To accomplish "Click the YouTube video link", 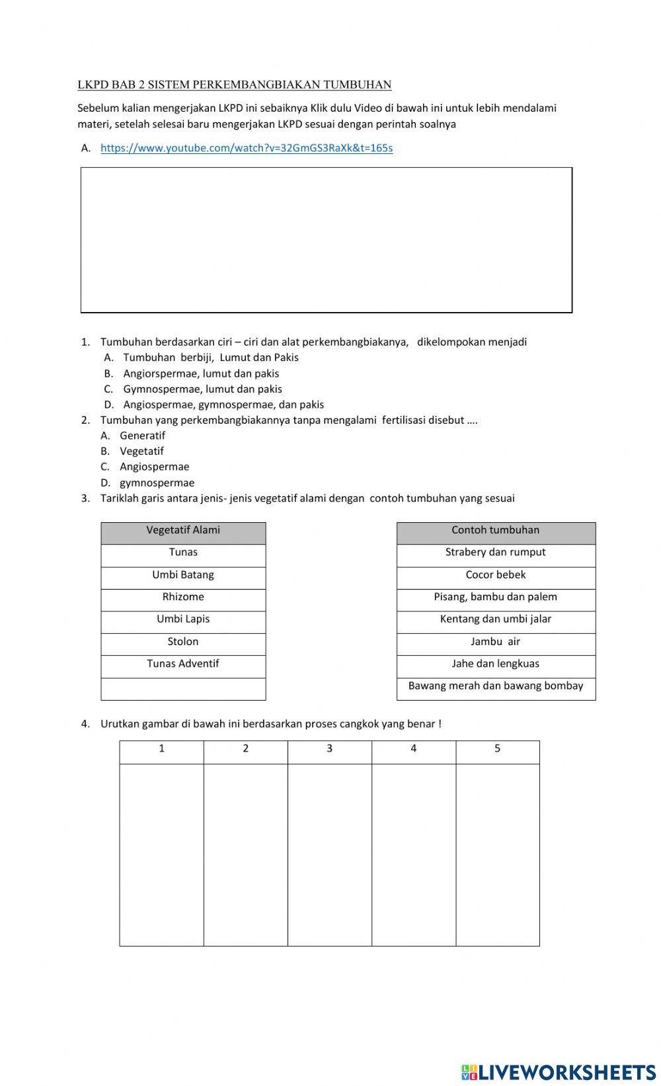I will [x=246, y=148].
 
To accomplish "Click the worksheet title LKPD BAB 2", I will [x=234, y=85].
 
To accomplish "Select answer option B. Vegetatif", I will [x=141, y=451].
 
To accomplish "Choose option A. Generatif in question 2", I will [x=141, y=436].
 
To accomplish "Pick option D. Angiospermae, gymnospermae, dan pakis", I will [x=223, y=405].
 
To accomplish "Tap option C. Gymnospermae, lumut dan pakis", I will [x=202, y=389].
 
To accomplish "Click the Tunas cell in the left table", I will [x=183, y=553].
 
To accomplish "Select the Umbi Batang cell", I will [x=183, y=575].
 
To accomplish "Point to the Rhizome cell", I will [x=183, y=597].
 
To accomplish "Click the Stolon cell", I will [x=183, y=642].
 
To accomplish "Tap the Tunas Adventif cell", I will [x=183, y=664].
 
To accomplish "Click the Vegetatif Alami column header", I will [x=183, y=530].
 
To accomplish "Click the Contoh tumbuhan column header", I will [x=496, y=530].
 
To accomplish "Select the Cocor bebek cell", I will [x=496, y=575].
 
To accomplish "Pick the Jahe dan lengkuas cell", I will [x=496, y=664].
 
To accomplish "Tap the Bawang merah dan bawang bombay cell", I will [x=496, y=686].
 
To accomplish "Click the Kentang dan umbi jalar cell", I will [x=496, y=619].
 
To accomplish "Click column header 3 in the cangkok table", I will [x=329, y=749].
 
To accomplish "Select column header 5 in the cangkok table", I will [x=497, y=749].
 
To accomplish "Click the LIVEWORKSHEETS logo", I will [x=559, y=1071].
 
